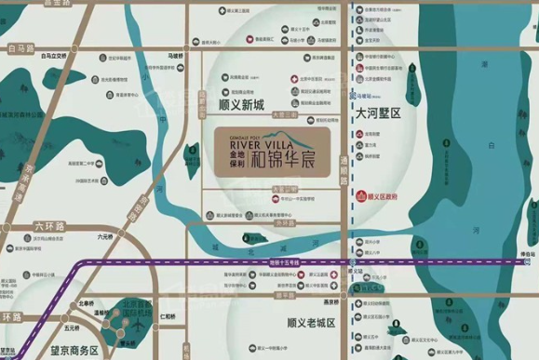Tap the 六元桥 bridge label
(103, 238)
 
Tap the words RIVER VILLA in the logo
(247, 142)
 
